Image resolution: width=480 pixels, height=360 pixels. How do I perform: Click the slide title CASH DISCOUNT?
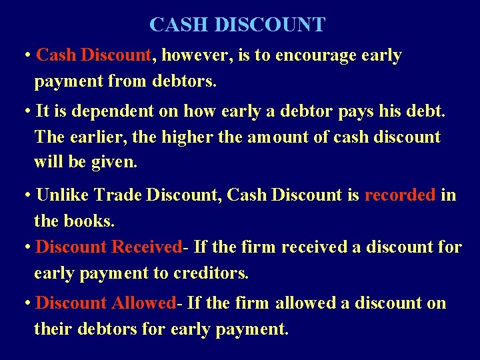(x=237, y=25)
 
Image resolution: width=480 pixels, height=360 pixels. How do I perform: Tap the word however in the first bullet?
(x=197, y=55)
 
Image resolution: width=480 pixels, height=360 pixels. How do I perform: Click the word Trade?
(x=117, y=195)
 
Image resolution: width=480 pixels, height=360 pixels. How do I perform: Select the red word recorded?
(x=400, y=195)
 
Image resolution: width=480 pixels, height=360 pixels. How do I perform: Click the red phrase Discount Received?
(x=109, y=247)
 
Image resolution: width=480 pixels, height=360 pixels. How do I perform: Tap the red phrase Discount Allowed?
(x=106, y=303)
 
